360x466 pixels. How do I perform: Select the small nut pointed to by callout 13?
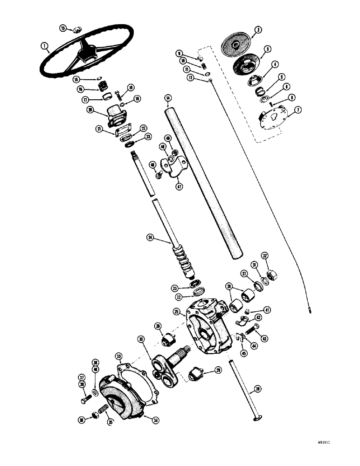click(x=76, y=30)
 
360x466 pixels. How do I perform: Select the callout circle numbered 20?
click(x=90, y=110)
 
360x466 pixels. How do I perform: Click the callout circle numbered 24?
click(x=150, y=237)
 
